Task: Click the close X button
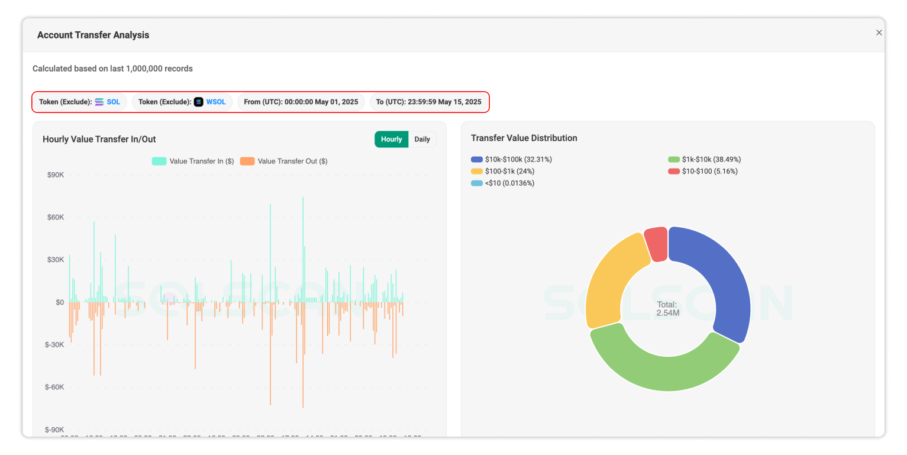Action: click(879, 33)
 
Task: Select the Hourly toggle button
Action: click(391, 140)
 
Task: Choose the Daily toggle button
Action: click(422, 140)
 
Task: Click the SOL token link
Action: click(113, 102)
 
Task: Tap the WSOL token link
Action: click(215, 102)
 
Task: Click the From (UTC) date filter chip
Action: click(301, 102)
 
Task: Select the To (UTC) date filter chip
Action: click(428, 102)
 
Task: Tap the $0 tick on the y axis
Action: click(60, 302)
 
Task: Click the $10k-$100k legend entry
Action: click(511, 160)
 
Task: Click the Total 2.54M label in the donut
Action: click(667, 309)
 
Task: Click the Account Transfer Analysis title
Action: click(93, 35)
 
